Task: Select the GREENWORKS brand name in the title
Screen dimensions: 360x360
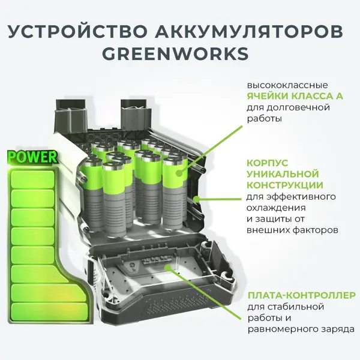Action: tap(175, 53)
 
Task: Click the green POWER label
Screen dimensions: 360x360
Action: tap(32, 157)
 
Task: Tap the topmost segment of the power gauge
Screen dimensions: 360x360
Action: tap(33, 179)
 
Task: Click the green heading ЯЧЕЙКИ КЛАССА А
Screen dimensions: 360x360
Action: tap(295, 96)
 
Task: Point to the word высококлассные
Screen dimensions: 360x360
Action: tap(287, 85)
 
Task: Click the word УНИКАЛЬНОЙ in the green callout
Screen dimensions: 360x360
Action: tap(283, 174)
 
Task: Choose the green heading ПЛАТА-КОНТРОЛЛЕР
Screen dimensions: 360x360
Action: tap(301, 295)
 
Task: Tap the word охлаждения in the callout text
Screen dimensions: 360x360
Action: tap(276, 208)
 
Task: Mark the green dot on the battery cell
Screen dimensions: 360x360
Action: tap(179, 173)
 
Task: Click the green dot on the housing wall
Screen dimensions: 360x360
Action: tap(196, 199)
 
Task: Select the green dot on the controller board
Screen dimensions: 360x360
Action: tap(168, 268)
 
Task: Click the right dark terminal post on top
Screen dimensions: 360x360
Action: tap(136, 113)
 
